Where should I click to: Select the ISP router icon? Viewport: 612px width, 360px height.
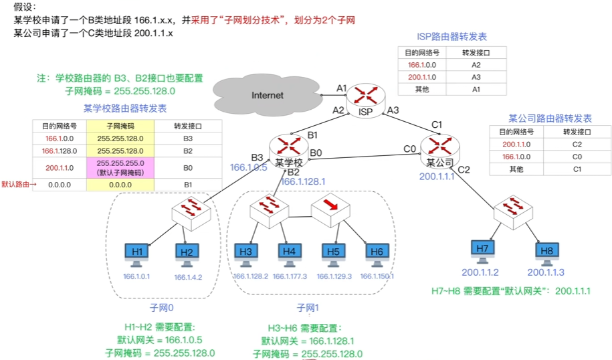coord(367,95)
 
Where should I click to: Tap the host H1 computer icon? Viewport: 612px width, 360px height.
coord(137,253)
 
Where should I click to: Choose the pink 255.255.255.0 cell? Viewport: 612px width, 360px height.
coord(120,167)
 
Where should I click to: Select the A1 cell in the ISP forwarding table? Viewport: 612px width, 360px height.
coord(476,89)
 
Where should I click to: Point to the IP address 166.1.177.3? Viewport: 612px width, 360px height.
coord(290,276)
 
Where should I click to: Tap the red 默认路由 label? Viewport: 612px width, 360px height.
coord(15,183)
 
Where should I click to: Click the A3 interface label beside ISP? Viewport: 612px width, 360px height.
coord(393,110)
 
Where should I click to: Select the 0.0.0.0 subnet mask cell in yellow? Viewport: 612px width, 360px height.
coord(120,185)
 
